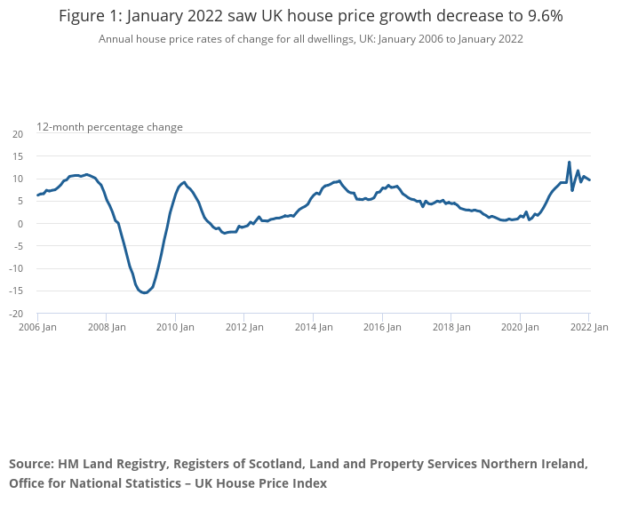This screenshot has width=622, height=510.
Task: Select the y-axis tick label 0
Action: tap(20, 224)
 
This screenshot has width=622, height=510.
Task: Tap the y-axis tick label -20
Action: tap(16, 314)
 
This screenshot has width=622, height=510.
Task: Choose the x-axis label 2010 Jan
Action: tap(175, 327)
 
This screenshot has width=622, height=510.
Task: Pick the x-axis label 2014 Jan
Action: tap(313, 327)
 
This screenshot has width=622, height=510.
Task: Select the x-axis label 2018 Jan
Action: tap(451, 327)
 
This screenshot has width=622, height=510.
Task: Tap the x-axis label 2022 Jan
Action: tap(588, 327)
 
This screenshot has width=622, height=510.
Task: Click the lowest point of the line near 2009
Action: tap(144, 292)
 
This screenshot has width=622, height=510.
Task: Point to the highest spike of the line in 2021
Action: tap(569, 162)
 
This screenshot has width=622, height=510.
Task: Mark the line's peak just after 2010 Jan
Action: tap(184, 182)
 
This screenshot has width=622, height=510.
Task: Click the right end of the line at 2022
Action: tap(590, 180)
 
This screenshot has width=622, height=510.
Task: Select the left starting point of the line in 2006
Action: tap(37, 195)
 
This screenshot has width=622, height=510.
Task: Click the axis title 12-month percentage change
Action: tap(109, 127)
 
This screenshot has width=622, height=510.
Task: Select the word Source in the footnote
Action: tap(30, 464)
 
